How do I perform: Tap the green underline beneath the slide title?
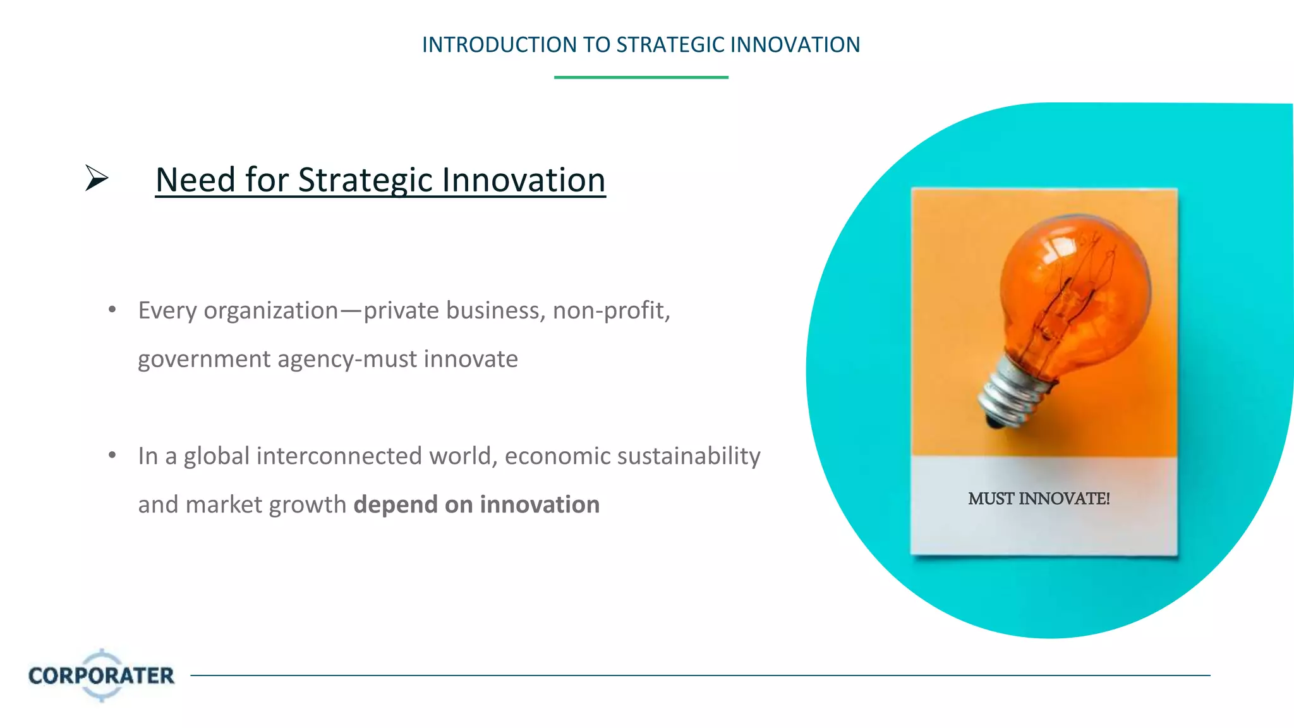641,77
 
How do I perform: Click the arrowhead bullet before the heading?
97,178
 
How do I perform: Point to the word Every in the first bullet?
167,310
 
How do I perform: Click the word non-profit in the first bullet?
610,310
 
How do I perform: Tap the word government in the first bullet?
204,359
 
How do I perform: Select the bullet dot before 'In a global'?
112,455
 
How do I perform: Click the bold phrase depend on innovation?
476,504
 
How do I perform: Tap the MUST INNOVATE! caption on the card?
1039,499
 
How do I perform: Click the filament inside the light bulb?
1068,297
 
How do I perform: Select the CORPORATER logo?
101,676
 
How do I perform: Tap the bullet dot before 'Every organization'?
112,310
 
